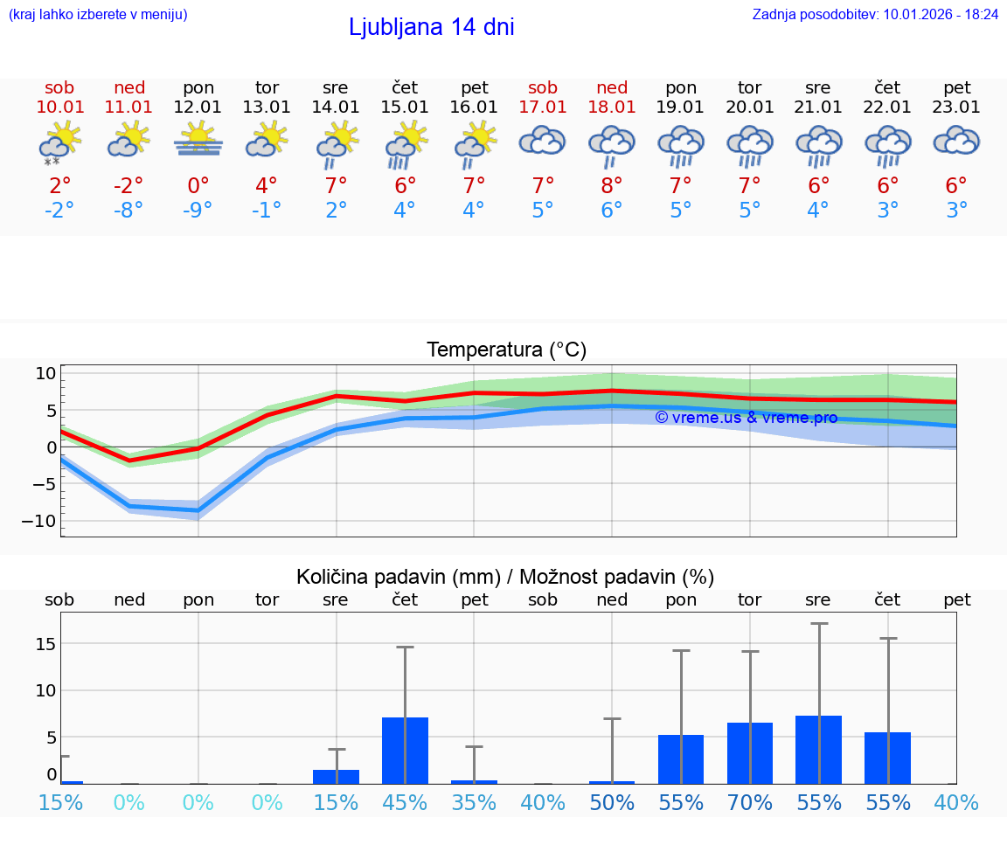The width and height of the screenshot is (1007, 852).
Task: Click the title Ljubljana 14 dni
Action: click(431, 27)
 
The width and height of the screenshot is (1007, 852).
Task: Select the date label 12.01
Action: click(198, 107)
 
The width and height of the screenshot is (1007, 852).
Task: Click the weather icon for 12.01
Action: click(198, 140)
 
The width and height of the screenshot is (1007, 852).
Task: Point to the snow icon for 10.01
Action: click(52, 161)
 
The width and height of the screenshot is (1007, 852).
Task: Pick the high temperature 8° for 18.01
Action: click(612, 185)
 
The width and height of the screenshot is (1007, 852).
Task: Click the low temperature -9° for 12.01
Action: click(198, 211)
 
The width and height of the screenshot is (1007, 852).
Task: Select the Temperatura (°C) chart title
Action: click(506, 350)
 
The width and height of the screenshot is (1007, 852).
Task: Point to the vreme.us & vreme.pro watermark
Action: click(746, 418)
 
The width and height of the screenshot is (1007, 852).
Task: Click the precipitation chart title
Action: click(505, 577)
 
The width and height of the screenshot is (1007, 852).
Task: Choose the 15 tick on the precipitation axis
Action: click(45, 644)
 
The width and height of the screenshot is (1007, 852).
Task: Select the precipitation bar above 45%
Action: click(405, 751)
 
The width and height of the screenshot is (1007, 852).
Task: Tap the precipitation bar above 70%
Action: click(749, 753)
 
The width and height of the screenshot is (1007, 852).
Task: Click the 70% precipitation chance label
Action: click(750, 803)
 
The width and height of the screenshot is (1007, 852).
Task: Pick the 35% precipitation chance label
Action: click(474, 803)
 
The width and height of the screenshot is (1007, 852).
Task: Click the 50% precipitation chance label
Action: click(612, 803)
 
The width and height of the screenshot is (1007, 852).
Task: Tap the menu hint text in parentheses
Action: click(98, 14)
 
